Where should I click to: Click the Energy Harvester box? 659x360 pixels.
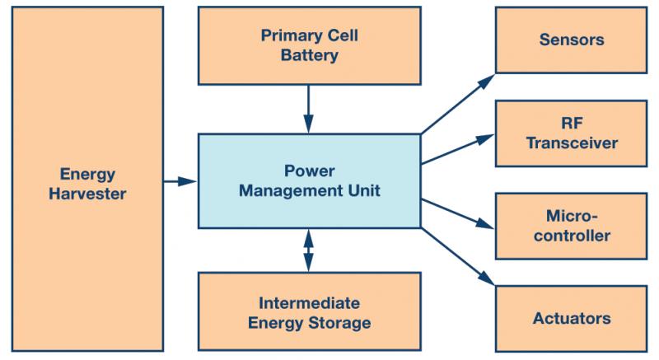(87, 179)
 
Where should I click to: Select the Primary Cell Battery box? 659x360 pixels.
(310, 45)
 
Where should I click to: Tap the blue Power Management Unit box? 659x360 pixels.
(310, 181)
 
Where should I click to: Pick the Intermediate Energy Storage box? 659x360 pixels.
(310, 311)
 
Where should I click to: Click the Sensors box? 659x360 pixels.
(571, 40)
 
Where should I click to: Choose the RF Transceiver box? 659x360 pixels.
(571, 133)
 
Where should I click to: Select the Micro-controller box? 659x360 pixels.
(571, 226)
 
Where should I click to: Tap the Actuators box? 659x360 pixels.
(571, 319)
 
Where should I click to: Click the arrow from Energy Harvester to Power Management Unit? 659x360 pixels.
(180, 181)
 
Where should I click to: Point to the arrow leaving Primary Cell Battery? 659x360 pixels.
(308, 110)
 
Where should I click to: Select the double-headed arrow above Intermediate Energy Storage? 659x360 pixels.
(308, 250)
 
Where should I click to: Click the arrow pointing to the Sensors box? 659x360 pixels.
(458, 104)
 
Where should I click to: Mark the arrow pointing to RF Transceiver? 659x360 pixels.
(458, 149)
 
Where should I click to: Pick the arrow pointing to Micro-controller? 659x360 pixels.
(458, 214)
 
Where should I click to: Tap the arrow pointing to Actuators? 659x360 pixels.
(458, 257)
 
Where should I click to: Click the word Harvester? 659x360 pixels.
(87, 194)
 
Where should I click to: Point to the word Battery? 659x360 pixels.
(310, 55)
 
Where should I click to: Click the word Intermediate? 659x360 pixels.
(310, 303)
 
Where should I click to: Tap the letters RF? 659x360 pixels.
(572, 123)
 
